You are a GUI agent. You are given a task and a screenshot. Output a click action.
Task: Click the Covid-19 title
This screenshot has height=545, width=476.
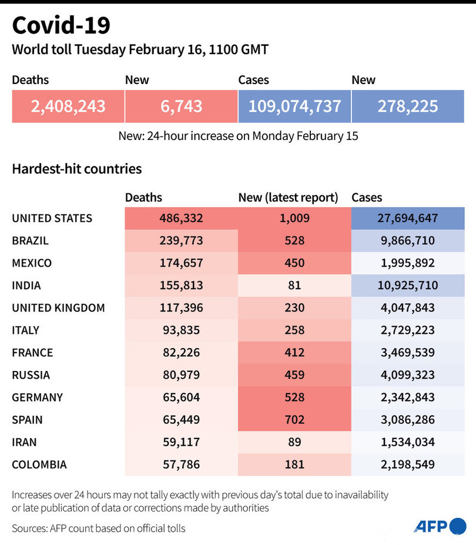coord(61,26)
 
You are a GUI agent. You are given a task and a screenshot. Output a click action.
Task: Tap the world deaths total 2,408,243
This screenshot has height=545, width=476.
coord(68,106)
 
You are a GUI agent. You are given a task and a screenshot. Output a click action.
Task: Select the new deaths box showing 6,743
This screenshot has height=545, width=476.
coord(181,106)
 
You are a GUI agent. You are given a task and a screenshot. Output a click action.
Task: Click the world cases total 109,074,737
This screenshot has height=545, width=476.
coord(294,106)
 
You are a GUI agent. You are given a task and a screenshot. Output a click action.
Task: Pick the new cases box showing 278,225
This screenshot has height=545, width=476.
coord(408,106)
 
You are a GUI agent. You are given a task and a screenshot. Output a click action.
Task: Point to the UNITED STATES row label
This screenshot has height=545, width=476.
coord(52,218)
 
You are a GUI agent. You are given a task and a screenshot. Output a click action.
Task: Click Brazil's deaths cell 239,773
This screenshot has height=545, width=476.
coord(181,240)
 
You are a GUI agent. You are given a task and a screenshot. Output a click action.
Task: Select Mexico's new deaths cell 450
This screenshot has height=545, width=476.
coord(294,263)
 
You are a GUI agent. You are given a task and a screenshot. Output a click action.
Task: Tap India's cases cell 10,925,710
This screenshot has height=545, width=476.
coord(408,285)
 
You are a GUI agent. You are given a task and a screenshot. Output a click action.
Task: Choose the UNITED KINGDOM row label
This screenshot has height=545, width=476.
coord(58,307)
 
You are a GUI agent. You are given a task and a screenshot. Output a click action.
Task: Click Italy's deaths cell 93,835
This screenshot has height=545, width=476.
coord(181,330)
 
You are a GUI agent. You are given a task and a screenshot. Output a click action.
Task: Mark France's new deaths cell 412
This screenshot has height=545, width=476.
coord(294,352)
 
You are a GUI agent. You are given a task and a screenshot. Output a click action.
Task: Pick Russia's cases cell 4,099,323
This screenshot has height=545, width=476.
coord(408,375)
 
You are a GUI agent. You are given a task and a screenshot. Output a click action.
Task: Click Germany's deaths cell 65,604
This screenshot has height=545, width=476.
coord(181,397)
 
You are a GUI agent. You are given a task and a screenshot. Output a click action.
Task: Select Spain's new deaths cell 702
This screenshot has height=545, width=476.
coord(294,420)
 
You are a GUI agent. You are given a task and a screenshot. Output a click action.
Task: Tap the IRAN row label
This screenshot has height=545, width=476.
coord(24,442)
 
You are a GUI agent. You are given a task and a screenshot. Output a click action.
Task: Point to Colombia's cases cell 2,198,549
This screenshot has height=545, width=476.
coord(408,464)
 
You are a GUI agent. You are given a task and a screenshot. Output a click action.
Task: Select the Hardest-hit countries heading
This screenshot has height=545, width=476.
coord(77,169)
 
